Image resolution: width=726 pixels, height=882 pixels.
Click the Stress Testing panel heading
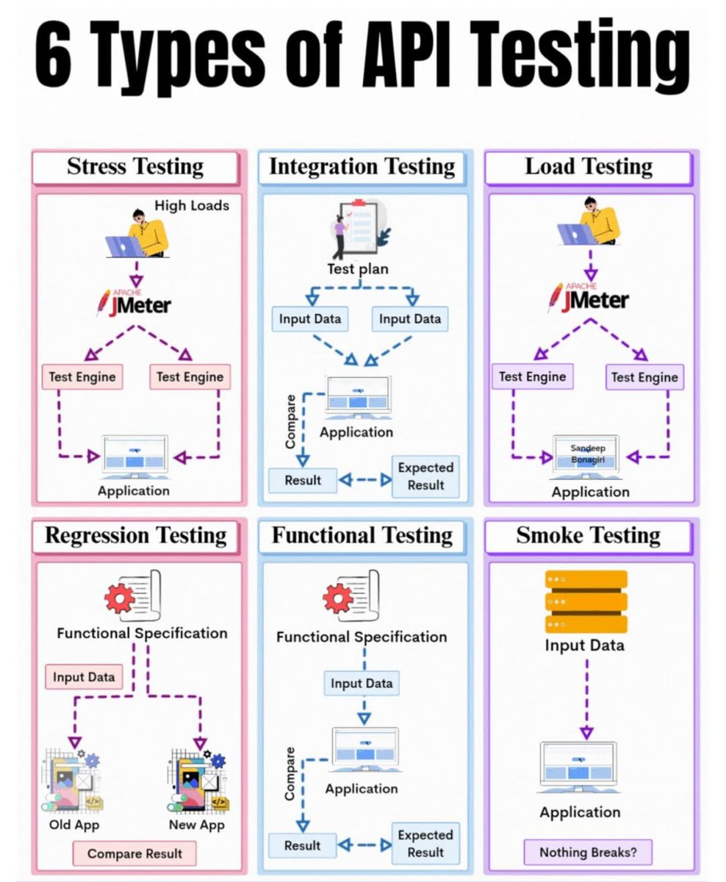[135, 167]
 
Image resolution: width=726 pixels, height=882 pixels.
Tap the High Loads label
[192, 206]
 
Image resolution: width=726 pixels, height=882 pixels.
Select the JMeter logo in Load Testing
[589, 297]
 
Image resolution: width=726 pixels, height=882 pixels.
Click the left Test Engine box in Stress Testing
[82, 377]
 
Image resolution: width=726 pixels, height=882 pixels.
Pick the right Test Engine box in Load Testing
[644, 377]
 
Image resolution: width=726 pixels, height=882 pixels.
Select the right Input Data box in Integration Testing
[410, 319]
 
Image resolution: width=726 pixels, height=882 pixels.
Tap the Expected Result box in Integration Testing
[425, 476]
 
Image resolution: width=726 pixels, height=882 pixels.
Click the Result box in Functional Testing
[302, 846]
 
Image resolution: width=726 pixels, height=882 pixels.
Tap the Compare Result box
[135, 853]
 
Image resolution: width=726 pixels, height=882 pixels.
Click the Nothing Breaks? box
[586, 853]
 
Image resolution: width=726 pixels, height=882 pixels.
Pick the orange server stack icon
[586, 601]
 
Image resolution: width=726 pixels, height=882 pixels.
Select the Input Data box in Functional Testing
[362, 683]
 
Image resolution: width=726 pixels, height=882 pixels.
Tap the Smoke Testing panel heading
[588, 535]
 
